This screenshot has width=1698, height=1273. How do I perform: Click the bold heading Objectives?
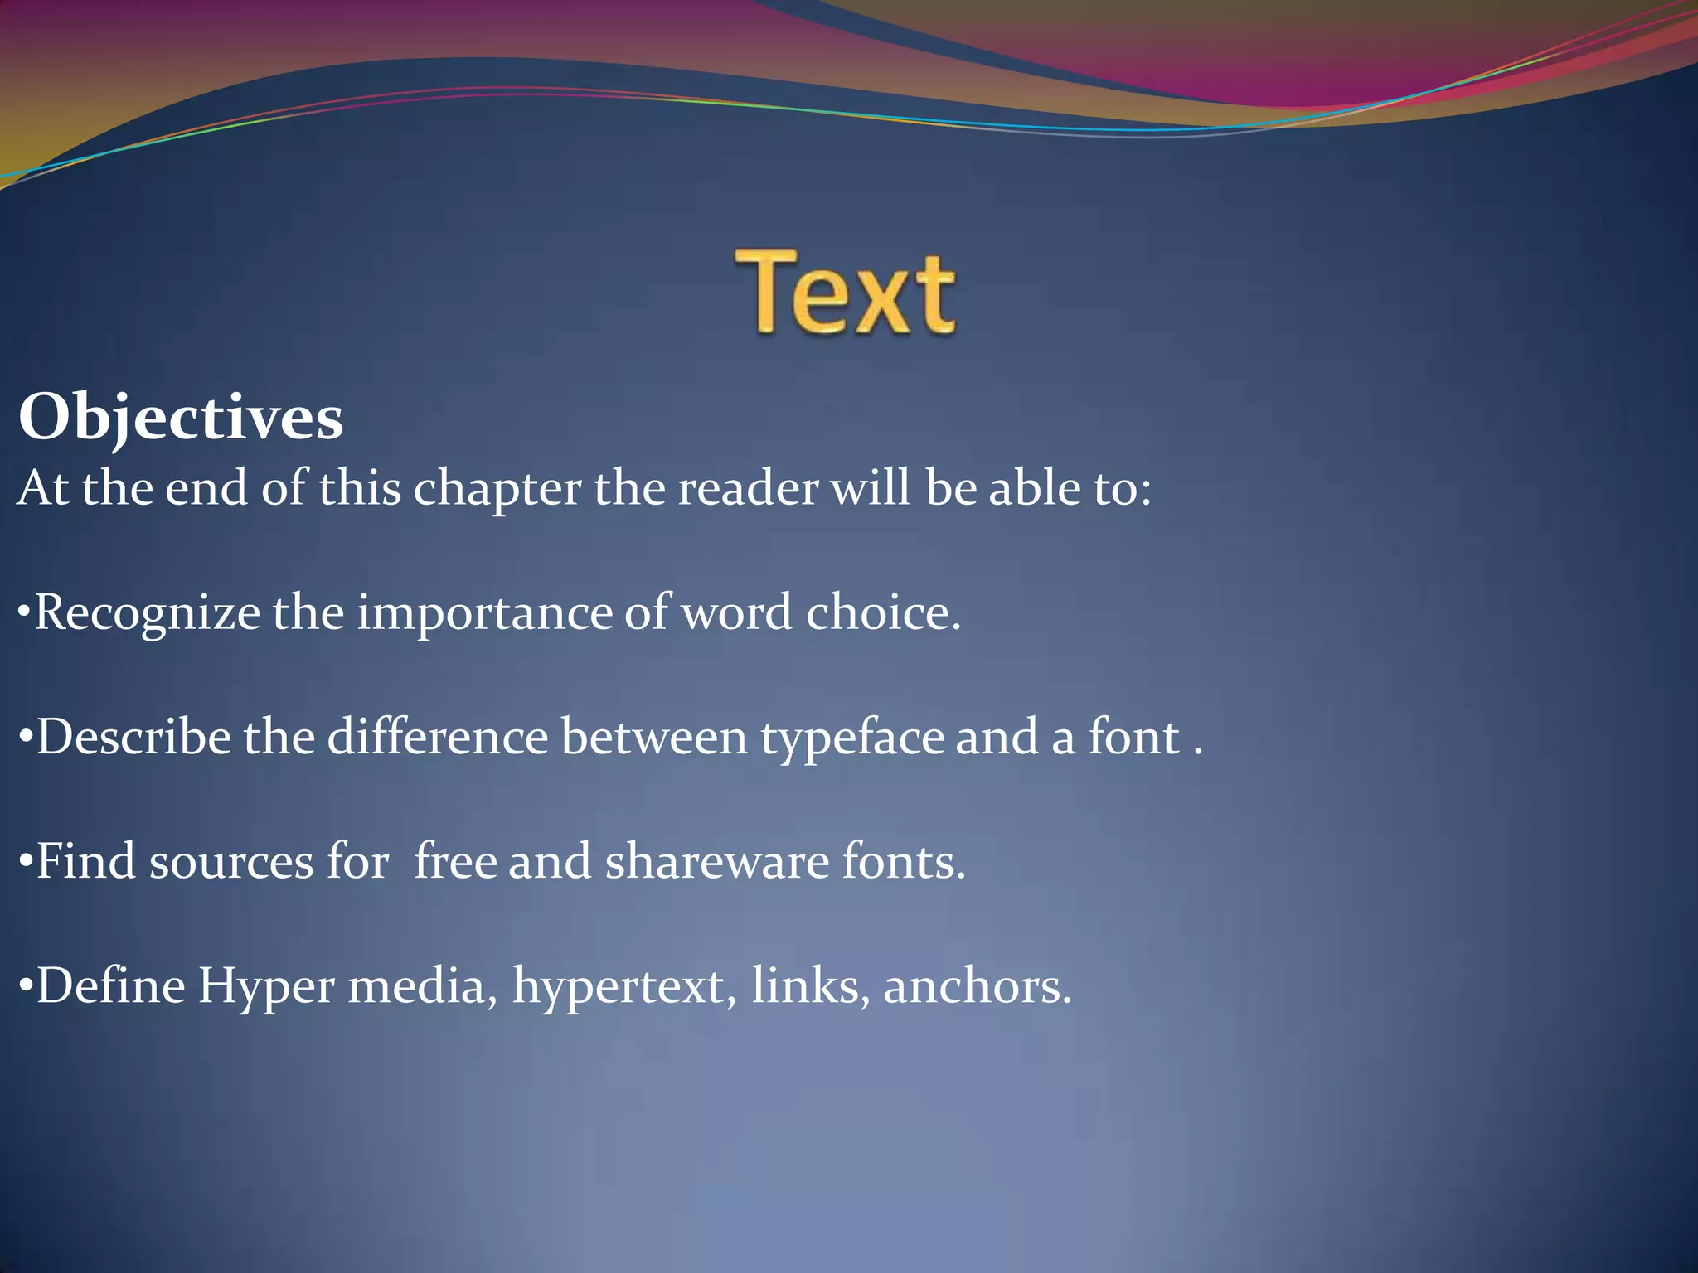point(181,418)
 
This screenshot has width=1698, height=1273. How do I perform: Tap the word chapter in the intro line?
point(497,489)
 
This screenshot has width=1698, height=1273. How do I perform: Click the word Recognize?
point(148,614)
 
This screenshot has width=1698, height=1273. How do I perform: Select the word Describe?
point(133,737)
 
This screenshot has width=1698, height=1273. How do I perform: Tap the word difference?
point(438,737)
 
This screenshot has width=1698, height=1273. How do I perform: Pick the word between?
point(654,737)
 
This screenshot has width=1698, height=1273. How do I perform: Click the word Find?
point(85,861)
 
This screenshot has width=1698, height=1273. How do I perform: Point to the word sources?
point(231,863)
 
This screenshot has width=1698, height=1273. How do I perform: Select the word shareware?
point(717,861)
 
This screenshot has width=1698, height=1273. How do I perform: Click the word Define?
point(110,986)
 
